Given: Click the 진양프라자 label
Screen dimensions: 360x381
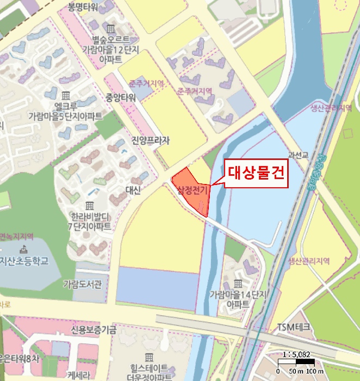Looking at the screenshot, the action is pyautogui.click(x=150, y=140).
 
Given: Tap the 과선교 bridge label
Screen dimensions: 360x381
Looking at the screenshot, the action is pyautogui.click(x=299, y=156).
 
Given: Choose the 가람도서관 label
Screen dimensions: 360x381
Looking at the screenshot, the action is pyautogui.click(x=82, y=284).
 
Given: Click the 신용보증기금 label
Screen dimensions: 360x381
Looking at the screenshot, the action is pyautogui.click(x=94, y=329).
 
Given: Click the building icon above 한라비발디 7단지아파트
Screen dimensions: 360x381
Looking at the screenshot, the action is pyautogui.click(x=89, y=205).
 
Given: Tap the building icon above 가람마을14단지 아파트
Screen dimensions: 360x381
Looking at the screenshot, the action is pyautogui.click(x=238, y=284).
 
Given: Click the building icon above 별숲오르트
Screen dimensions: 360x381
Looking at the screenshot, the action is pyautogui.click(x=110, y=28).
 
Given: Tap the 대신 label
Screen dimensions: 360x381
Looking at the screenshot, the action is pyautogui.click(x=133, y=189).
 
